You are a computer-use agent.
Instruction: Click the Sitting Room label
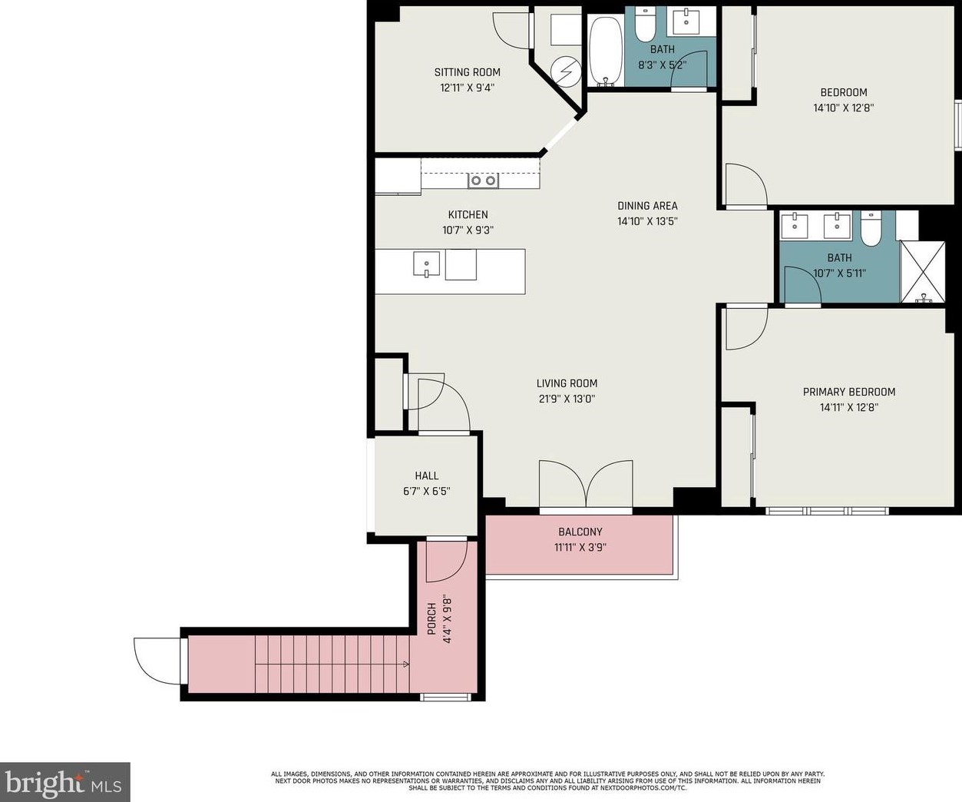(467, 72)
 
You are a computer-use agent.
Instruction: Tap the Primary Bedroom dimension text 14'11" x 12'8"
(849, 407)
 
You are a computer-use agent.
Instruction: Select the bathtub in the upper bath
(606, 51)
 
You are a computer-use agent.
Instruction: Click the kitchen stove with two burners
(484, 181)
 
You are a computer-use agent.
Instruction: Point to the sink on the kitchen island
(427, 264)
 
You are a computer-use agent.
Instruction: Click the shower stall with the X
(922, 272)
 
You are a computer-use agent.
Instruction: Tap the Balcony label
(580, 532)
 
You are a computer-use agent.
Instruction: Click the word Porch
(431, 618)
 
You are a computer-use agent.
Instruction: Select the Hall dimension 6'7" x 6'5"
(427, 492)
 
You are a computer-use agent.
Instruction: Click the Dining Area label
(647, 206)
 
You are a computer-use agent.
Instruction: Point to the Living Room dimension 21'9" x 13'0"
(567, 399)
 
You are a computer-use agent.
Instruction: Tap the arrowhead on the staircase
(406, 664)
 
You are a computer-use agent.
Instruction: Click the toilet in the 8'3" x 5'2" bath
(645, 24)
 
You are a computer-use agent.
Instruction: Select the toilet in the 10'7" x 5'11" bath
(871, 227)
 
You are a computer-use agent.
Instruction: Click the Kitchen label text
(468, 215)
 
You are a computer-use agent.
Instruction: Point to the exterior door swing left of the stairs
(157, 661)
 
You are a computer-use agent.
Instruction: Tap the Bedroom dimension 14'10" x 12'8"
(844, 108)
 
